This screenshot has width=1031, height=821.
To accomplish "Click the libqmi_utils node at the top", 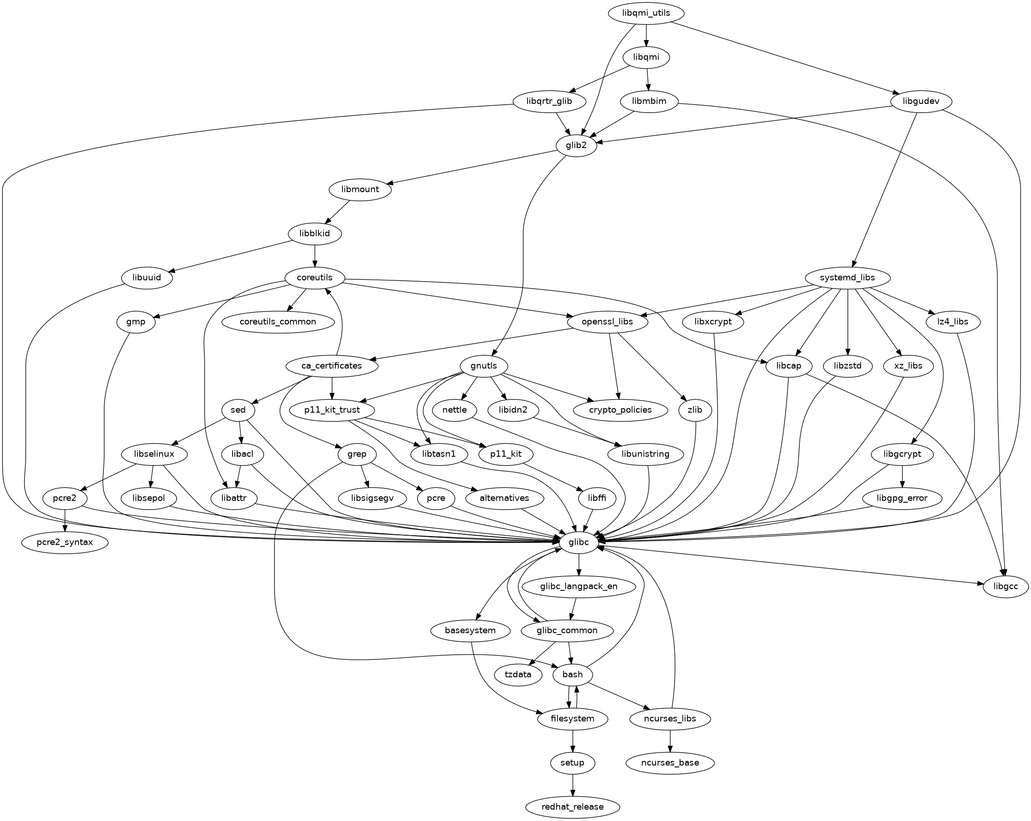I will tap(646, 13).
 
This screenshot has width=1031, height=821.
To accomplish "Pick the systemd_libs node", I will tap(847, 278).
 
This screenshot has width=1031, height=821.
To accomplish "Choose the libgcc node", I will tap(1006, 586).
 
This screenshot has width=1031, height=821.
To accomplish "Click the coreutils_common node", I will tap(278, 322).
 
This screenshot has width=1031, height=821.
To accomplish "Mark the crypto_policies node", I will tap(620, 410).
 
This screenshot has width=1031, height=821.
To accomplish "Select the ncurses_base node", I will tap(670, 763).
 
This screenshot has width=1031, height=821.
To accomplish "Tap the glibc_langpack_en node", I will tap(578, 586).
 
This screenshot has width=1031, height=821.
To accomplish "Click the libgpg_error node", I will tap(902, 498).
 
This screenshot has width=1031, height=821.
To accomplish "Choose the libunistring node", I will tap(646, 454).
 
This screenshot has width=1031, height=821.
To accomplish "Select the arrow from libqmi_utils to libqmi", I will tap(646, 35).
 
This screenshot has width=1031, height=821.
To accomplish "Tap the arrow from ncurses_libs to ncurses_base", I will tap(670, 741).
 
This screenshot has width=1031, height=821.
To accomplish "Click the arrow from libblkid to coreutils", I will tap(315, 256).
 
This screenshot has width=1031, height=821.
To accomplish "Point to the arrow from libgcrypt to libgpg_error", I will tap(902, 476).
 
